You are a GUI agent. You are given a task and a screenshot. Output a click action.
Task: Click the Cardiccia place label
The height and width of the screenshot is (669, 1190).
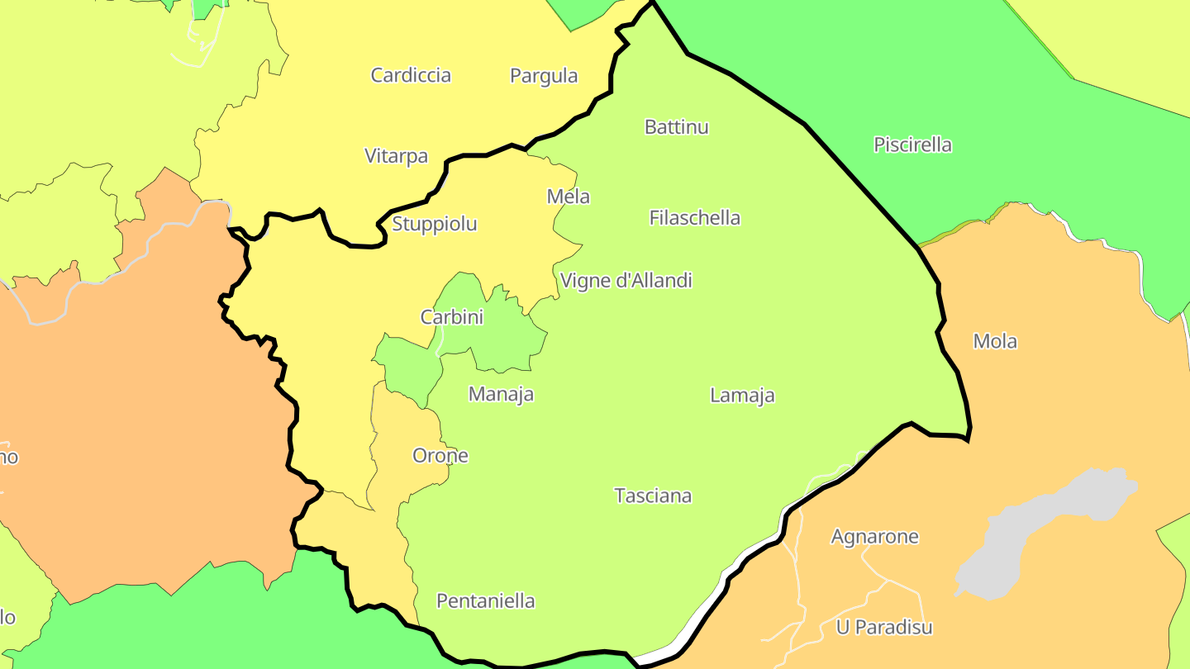[411, 75]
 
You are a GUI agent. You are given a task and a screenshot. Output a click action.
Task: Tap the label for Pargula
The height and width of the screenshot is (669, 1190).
[544, 76]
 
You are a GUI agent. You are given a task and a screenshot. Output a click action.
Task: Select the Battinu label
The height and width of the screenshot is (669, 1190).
[676, 127]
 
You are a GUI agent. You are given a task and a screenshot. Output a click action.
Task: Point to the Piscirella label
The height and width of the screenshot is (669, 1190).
[912, 145]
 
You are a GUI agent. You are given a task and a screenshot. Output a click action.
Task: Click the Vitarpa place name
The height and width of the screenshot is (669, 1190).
[396, 155]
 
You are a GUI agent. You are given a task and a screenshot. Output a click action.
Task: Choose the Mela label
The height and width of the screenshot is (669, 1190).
[569, 197]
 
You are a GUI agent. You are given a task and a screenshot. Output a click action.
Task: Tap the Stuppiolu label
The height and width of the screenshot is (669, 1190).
[434, 224]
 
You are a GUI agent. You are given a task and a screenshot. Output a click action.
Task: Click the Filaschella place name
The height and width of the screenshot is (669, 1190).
[695, 218]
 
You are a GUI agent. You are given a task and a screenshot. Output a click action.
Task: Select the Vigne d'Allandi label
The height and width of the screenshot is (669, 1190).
[626, 281]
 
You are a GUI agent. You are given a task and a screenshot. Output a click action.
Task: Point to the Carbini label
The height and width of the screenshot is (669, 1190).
[451, 317]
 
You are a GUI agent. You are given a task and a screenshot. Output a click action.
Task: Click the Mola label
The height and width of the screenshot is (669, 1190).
[995, 341]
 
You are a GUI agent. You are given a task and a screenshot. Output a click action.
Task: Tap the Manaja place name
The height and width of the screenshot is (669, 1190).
[501, 395]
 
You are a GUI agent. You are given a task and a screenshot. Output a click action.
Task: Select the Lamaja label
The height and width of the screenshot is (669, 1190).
[742, 396]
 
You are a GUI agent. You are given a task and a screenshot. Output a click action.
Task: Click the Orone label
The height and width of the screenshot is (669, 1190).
[440, 456]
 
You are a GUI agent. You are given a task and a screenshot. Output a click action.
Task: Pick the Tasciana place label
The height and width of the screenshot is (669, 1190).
[653, 496]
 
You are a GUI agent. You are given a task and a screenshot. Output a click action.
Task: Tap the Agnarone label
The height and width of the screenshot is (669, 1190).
[874, 537]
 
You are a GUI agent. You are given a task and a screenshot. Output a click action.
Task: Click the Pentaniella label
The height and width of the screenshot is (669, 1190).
[485, 601]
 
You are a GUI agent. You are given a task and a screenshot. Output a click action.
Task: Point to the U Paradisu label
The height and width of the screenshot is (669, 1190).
[884, 628]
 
